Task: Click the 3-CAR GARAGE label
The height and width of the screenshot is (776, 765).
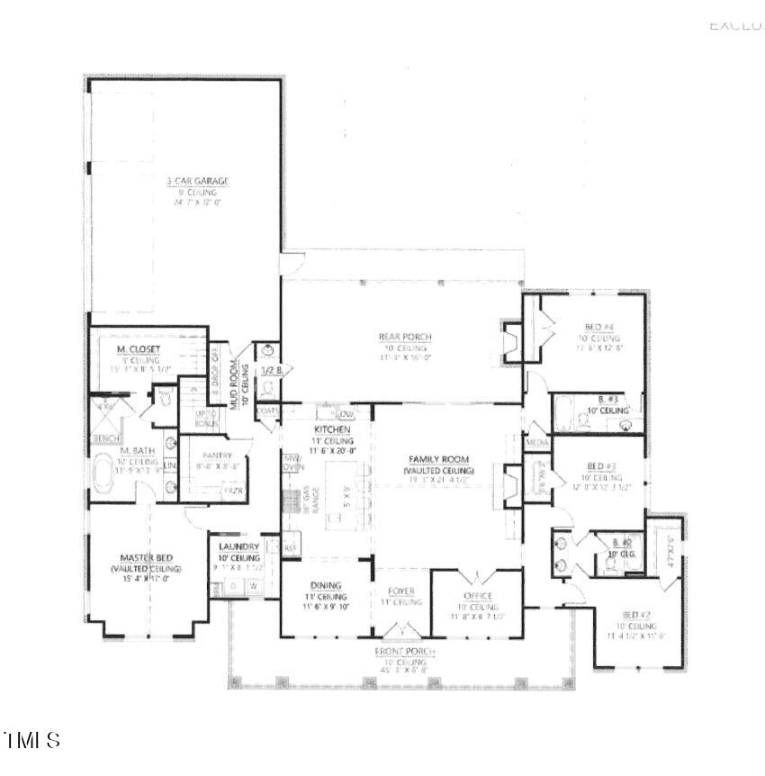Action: coord(197,181)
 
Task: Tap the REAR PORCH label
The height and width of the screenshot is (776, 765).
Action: coord(404,338)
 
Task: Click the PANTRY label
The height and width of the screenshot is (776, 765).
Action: coord(217,456)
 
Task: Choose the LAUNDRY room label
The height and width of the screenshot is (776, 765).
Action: coord(238,546)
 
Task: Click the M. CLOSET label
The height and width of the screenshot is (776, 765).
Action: coord(132,349)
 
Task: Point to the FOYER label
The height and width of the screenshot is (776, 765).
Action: coord(400,591)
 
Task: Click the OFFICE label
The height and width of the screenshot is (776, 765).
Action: coord(477,596)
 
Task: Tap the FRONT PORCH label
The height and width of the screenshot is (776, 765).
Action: coord(405,651)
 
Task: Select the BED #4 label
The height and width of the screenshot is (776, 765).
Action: coord(593,328)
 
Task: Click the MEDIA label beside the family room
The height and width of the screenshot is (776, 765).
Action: coord(537,443)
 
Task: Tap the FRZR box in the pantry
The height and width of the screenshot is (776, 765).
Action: coord(234,491)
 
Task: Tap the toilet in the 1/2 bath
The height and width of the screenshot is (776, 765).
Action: coord(267,390)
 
